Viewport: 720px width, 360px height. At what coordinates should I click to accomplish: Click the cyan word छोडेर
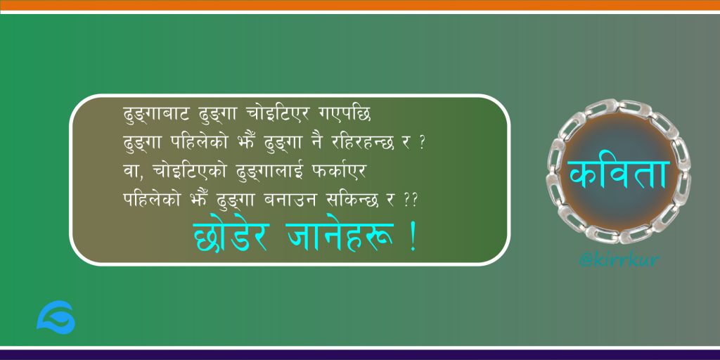coord(229,237)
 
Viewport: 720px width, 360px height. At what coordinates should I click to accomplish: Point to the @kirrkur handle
coord(619,260)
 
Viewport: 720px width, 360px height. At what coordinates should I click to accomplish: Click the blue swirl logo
coord(56,317)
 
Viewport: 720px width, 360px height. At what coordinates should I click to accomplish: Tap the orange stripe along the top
coord(360,5)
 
